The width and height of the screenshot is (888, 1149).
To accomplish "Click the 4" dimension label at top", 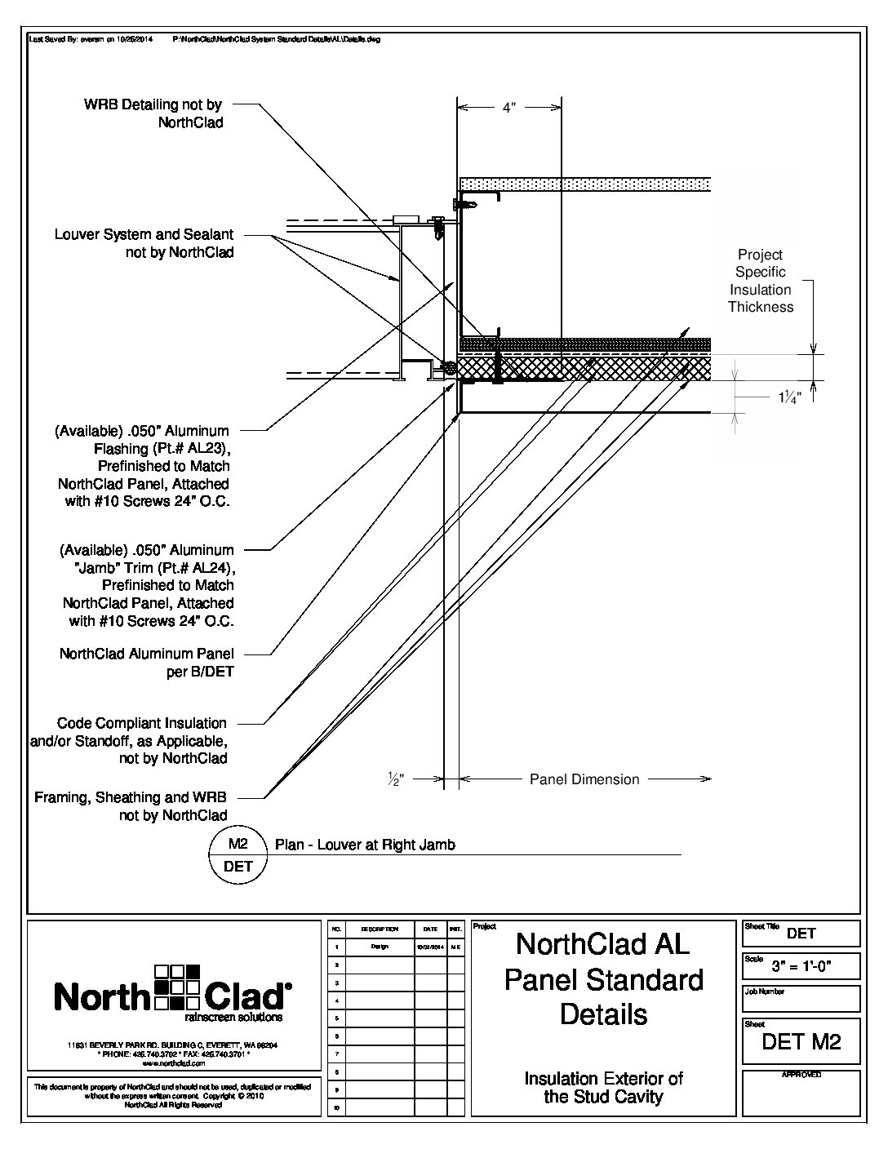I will click(508, 108).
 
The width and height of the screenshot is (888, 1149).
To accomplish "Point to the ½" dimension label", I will click(395, 779).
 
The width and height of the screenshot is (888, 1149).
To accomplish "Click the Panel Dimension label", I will click(584, 779).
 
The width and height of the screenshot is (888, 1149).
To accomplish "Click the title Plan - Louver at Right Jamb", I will click(365, 845).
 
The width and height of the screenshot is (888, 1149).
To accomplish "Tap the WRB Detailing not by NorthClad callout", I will click(153, 113).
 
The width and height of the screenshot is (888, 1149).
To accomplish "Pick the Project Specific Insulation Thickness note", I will click(760, 281).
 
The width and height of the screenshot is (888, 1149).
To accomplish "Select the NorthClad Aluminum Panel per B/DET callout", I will click(147, 663).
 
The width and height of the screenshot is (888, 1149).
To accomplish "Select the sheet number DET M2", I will click(801, 1041).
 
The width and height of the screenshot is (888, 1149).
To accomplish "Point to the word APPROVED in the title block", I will click(801, 1075).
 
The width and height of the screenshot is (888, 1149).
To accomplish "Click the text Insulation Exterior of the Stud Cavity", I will click(603, 1088).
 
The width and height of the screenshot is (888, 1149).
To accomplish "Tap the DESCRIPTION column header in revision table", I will click(380, 929).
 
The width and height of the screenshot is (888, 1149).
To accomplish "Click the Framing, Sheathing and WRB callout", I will click(131, 806).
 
